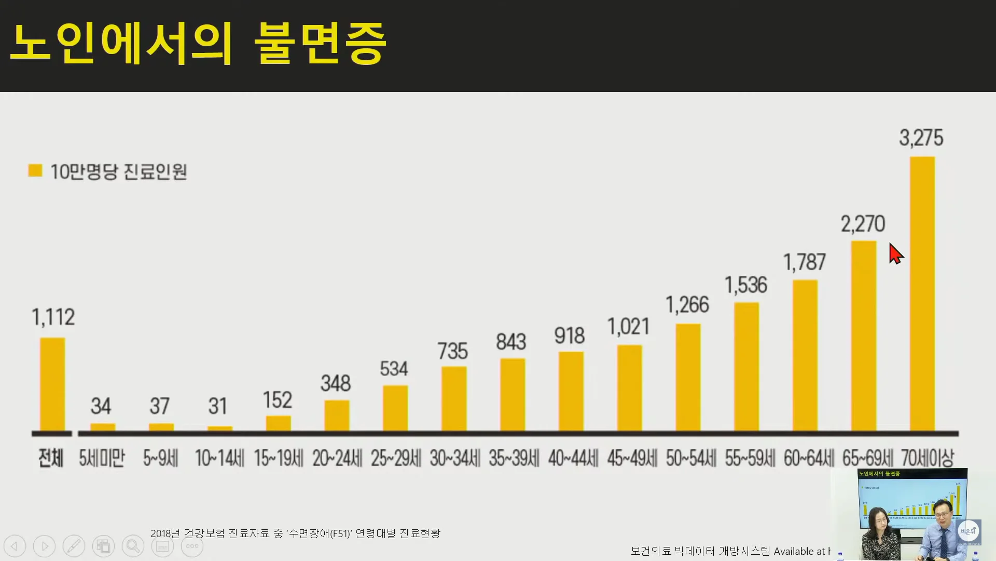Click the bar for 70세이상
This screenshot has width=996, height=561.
[x=922, y=293]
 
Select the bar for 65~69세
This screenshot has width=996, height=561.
[x=864, y=336]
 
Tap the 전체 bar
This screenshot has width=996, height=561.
[x=52, y=384]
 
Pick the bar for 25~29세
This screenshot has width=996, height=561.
[x=395, y=408]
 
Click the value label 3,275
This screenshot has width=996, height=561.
[x=921, y=138]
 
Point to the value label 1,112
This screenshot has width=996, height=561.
[x=53, y=317]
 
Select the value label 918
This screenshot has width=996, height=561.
[x=570, y=336]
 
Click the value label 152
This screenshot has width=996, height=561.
[x=278, y=400]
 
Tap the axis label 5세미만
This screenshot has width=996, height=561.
[x=102, y=458]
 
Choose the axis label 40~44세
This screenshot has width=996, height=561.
[x=573, y=458]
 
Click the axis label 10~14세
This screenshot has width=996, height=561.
[x=219, y=458]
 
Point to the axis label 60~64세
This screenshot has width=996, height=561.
[x=809, y=458]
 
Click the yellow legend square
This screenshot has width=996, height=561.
[x=35, y=170]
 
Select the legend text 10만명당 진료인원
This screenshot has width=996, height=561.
[x=119, y=171]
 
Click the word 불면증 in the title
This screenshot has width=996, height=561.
[x=321, y=44]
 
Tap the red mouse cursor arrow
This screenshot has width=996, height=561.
[x=895, y=253]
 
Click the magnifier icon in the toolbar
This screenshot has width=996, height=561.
[x=133, y=546]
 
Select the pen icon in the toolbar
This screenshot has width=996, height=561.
[x=74, y=546]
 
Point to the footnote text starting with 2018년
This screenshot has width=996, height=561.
[x=295, y=533]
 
